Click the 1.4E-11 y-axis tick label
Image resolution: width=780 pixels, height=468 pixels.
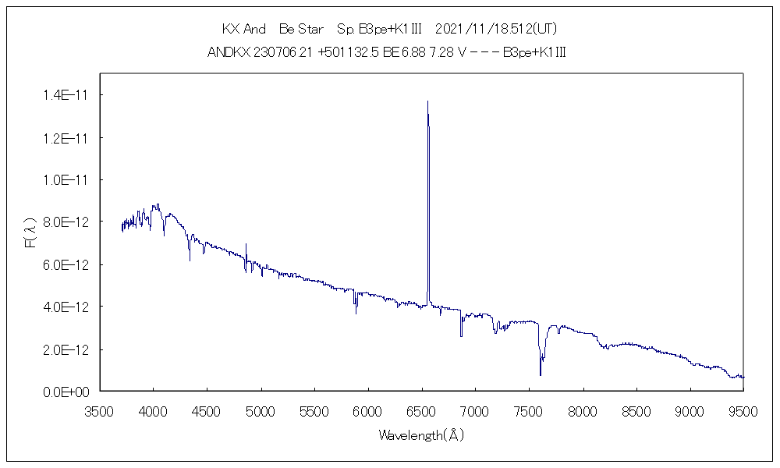[67, 95]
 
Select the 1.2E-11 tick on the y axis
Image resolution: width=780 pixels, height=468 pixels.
[67, 138]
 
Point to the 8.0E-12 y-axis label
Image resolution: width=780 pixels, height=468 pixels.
[67, 222]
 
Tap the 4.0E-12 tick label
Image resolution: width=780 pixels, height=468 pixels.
[67, 307]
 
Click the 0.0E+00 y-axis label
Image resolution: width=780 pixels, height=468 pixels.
[67, 392]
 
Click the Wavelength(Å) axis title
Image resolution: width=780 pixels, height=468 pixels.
[421, 435]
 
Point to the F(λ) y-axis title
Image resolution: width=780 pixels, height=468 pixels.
[32, 233]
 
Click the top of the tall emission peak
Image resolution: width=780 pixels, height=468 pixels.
[427, 101]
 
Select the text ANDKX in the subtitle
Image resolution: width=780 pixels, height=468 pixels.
[229, 52]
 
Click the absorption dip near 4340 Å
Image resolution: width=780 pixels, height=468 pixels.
[190, 259]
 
